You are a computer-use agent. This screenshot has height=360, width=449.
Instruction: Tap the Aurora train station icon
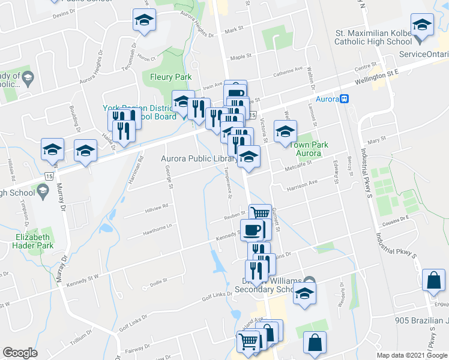[x=345, y=99]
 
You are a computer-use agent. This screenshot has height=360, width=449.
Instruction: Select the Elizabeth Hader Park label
[x=34, y=241]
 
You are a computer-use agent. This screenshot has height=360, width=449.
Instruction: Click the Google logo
[x=20, y=353]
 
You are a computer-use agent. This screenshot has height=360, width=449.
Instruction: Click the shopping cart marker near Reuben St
[x=260, y=212]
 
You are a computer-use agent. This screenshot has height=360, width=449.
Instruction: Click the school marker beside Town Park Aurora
[x=285, y=131]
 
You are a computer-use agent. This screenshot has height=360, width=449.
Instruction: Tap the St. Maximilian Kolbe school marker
[x=422, y=25]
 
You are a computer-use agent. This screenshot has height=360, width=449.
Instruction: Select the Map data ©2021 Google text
[x=411, y=355]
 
